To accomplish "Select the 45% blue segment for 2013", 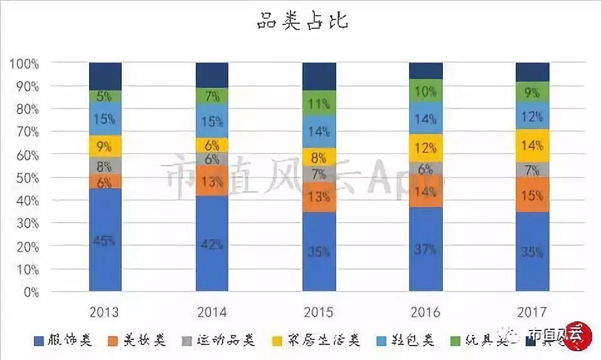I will (x=105, y=240).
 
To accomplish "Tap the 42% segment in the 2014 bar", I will (x=211, y=243).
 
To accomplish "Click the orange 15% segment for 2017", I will (x=532, y=195).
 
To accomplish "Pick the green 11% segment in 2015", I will (x=319, y=103).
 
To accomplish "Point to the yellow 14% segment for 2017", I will (x=532, y=146).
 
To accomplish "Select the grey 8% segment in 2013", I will (x=105, y=166).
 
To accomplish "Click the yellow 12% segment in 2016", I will (x=425, y=148).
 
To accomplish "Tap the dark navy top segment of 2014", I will (x=211, y=75).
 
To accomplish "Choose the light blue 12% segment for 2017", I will (x=532, y=115).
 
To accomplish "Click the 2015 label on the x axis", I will (x=319, y=312).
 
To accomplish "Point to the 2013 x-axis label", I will (x=105, y=312).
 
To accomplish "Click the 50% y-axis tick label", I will (x=26, y=178).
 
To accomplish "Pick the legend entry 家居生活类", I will (x=324, y=341).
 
